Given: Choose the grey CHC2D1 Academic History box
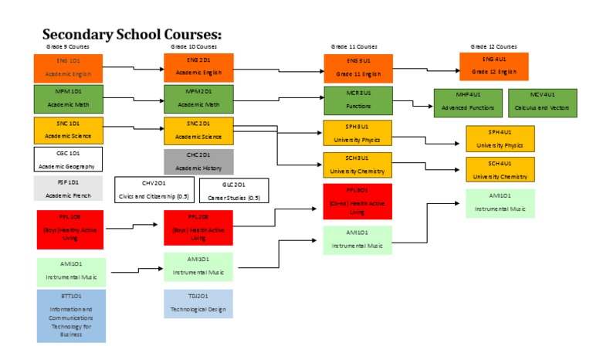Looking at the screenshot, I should pos(198,161).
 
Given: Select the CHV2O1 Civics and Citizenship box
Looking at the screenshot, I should pos(153,188).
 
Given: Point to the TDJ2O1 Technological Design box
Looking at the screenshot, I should pos(198,304).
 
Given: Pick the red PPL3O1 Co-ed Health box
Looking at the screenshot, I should pos(357,201).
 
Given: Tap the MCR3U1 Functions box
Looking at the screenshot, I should pos(357,100).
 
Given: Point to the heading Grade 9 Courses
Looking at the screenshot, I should pos(68,47).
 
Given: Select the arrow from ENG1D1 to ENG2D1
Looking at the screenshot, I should pos(134,67).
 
